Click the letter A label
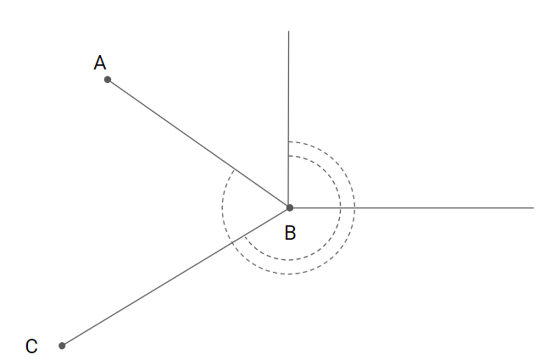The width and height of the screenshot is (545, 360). (x=100, y=63)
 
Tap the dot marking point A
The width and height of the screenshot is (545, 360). (x=108, y=80)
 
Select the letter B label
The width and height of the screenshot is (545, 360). (x=290, y=233)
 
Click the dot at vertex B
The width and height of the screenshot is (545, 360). (x=289, y=208)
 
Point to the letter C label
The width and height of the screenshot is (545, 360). (x=31, y=346)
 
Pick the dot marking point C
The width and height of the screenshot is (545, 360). (x=62, y=346)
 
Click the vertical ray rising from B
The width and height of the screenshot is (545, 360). (x=289, y=85)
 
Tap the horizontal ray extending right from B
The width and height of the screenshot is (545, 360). (x=441, y=208)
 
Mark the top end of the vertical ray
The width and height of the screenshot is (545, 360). (x=289, y=31)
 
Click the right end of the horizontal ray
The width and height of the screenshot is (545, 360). (x=534, y=208)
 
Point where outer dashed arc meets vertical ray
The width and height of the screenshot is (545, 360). (x=289, y=141)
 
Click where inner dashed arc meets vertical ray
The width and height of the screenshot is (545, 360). (x=289, y=156)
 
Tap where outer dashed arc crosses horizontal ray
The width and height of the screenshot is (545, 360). (x=355, y=208)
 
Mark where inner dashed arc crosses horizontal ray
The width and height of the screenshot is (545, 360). (x=341, y=208)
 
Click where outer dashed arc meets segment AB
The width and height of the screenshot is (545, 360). (x=235, y=169)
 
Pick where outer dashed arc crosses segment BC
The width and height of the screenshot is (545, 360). (x=232, y=242)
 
